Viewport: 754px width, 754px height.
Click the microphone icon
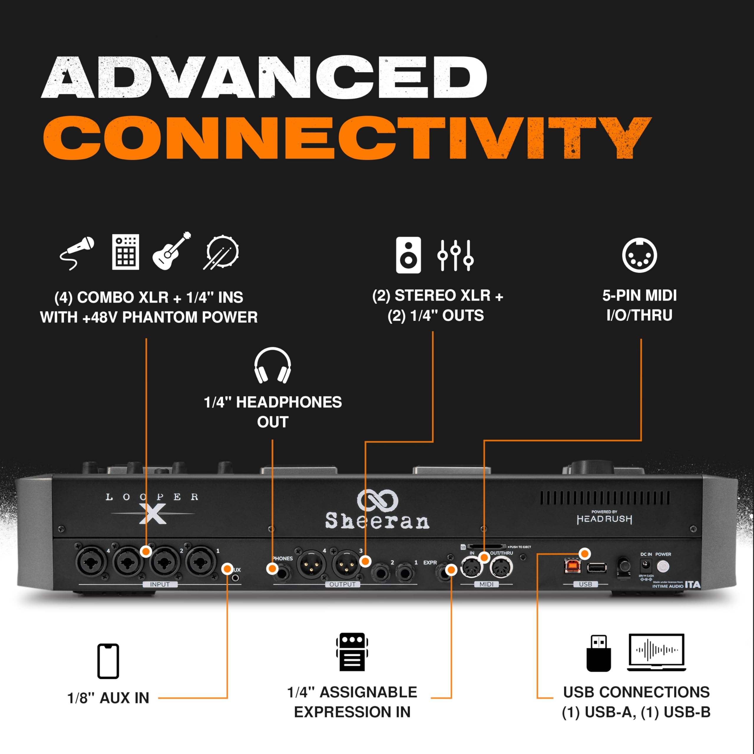(77, 252)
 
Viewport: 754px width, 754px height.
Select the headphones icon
(272, 365)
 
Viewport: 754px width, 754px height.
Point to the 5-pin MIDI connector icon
(639, 255)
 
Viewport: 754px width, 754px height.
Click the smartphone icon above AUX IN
(108, 661)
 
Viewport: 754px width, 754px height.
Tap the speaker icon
(408, 254)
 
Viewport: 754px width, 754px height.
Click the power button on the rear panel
(663, 566)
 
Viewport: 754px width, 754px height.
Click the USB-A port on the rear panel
(597, 568)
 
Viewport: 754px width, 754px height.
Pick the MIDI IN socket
(472, 567)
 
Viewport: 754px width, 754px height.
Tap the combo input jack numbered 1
(201, 562)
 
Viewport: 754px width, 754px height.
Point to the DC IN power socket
(646, 565)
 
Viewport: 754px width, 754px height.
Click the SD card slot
(486, 547)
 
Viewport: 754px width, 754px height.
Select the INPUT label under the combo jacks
(160, 584)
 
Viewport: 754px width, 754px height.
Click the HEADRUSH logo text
(604, 519)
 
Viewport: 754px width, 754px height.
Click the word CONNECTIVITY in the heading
(347, 137)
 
